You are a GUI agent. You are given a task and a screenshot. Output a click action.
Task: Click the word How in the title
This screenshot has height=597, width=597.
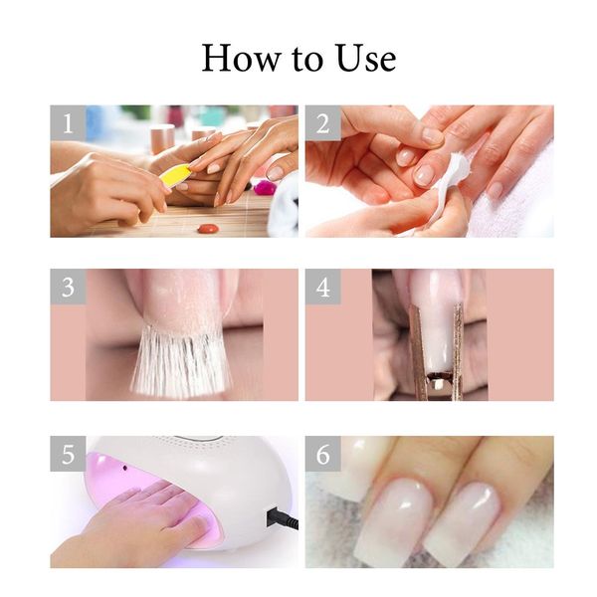coord(235,58)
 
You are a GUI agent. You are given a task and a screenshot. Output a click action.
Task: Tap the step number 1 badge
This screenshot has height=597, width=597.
coord(69,123)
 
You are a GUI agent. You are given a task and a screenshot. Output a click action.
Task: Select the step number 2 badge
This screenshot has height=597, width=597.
coord(323,123)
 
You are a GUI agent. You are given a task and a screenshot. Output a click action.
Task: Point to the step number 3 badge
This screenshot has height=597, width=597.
coord(69,288)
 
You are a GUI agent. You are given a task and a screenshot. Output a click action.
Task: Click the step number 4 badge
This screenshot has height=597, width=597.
coord(323,288)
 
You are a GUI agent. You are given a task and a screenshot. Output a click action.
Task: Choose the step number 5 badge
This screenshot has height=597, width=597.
coord(69,454)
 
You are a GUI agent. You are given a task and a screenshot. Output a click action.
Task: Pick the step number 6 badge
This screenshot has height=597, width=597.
coord(323,454)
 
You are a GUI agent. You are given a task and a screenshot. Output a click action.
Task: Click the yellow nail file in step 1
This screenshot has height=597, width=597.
coord(176,176)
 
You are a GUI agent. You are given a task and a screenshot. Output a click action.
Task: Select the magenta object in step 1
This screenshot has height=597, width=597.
coord(264,187)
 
